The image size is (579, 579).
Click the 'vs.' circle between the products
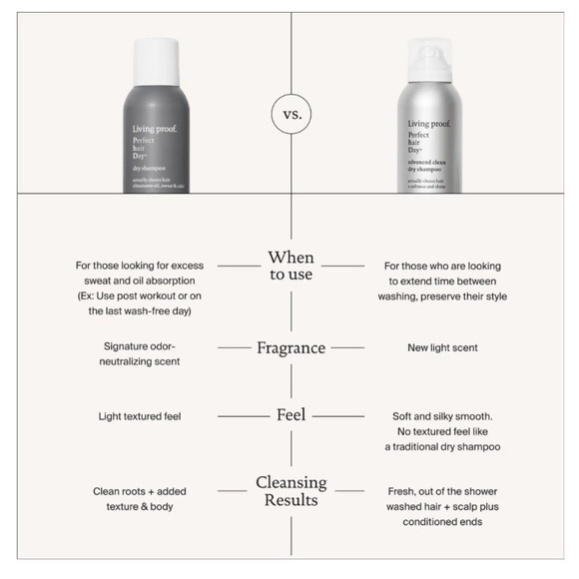pyautogui.click(x=290, y=114)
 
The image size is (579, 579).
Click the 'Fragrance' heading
pyautogui.click(x=290, y=347)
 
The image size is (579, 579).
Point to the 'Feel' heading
pyautogui.click(x=290, y=414)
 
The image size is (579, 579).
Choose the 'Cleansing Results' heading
pyautogui.click(x=290, y=491)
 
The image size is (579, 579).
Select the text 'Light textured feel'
pyautogui.click(x=139, y=414)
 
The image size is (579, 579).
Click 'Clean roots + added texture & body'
pyautogui.click(x=139, y=499)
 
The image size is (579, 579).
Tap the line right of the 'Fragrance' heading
pyautogui.click(x=348, y=347)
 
